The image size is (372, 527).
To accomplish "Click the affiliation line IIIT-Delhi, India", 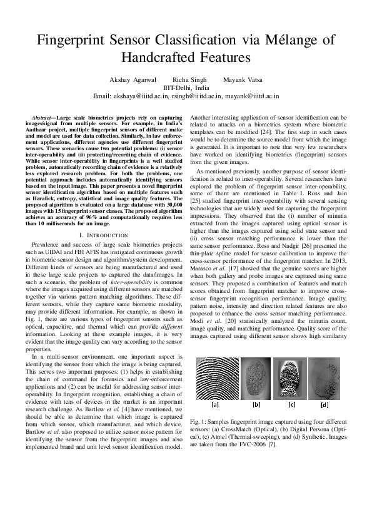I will tap(186, 88).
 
